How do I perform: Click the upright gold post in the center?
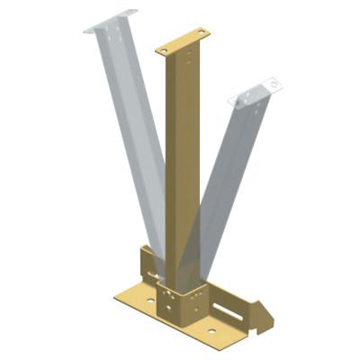(182, 162)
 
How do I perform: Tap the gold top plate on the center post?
(183, 41)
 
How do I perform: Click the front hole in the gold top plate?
(166, 49)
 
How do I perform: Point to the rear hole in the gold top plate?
(200, 33)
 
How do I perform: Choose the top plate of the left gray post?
(110, 21)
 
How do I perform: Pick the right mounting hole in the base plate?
(211, 330)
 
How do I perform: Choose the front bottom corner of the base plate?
(208, 346)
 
